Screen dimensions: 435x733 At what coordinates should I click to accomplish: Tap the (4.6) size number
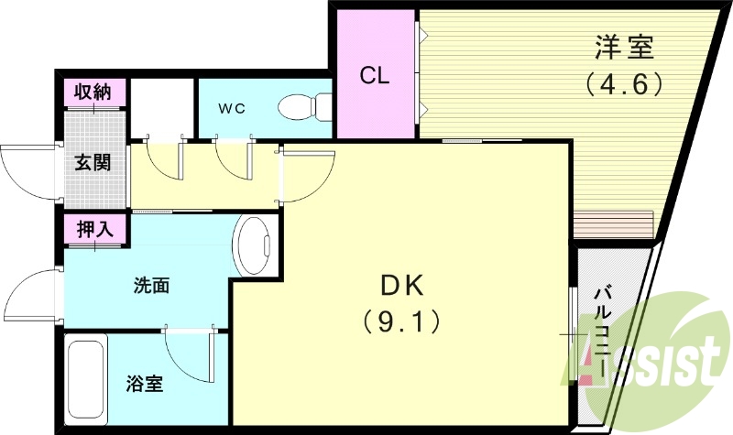click(x=624, y=85)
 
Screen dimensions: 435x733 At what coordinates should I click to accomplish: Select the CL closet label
click(x=375, y=75)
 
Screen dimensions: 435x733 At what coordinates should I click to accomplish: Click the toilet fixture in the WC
click(x=306, y=107)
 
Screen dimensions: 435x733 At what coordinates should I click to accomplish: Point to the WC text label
click(x=231, y=108)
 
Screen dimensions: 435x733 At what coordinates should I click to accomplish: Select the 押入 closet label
click(x=94, y=229)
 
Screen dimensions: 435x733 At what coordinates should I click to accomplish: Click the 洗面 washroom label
click(x=151, y=285)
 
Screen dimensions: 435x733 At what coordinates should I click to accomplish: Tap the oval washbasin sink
click(x=256, y=245)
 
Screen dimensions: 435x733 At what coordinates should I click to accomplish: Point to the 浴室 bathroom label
click(x=145, y=384)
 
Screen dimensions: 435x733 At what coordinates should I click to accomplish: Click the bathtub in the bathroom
click(x=87, y=379)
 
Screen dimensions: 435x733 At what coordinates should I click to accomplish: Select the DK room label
click(x=400, y=287)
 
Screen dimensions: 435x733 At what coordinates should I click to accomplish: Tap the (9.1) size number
click(x=399, y=321)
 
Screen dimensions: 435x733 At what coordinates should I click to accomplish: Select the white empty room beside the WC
click(x=161, y=107)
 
